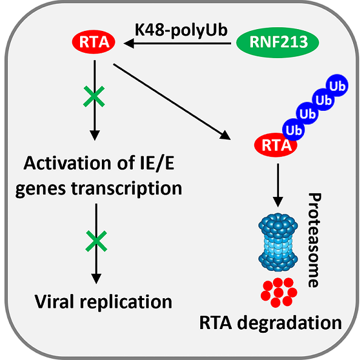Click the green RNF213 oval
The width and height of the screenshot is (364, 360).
[280, 44]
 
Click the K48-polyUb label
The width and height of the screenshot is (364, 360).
[181, 30]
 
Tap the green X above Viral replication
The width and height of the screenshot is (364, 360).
[94, 242]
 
